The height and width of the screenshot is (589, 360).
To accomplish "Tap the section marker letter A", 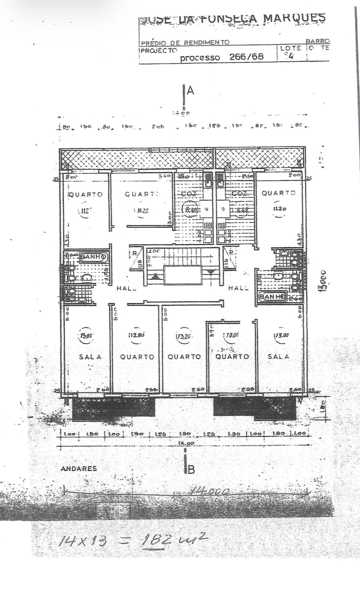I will [x=190, y=91].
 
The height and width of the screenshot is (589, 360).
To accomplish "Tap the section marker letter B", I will [x=190, y=470].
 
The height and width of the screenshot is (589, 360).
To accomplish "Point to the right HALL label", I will [x=238, y=288].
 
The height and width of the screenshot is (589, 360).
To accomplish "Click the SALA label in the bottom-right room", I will [x=278, y=356].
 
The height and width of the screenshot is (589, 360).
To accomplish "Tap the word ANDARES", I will [x=79, y=469].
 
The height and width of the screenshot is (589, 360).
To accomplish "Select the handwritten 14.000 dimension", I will [x=210, y=492].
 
